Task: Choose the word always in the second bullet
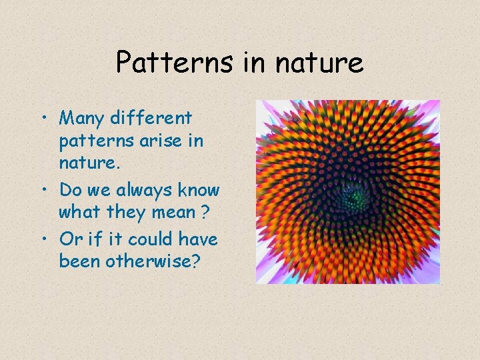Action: pos(139,191)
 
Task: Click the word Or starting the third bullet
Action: pos(69,239)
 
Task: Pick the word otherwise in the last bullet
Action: pos(157,261)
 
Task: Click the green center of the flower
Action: pos(355,196)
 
